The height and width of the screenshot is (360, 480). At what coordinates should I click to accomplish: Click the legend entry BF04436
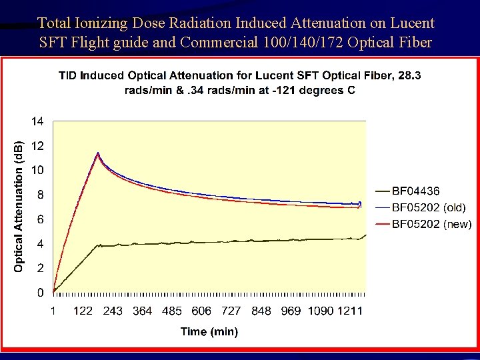(415, 192)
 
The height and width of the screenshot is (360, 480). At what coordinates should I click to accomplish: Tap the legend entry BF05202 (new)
(431, 225)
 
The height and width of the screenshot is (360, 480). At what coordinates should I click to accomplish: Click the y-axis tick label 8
(40, 195)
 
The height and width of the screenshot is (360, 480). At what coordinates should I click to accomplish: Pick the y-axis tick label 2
(40, 268)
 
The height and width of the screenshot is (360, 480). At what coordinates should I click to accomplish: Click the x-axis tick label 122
(83, 311)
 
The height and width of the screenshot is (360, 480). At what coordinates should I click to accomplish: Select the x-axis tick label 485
(171, 311)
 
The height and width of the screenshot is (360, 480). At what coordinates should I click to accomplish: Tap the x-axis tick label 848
(261, 311)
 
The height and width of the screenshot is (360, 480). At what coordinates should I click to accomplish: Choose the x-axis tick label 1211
(350, 311)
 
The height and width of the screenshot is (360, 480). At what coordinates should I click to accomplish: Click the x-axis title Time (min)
(209, 331)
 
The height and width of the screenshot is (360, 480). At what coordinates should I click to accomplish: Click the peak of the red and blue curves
(98, 154)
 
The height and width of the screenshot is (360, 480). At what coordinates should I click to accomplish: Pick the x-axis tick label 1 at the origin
(53, 311)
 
